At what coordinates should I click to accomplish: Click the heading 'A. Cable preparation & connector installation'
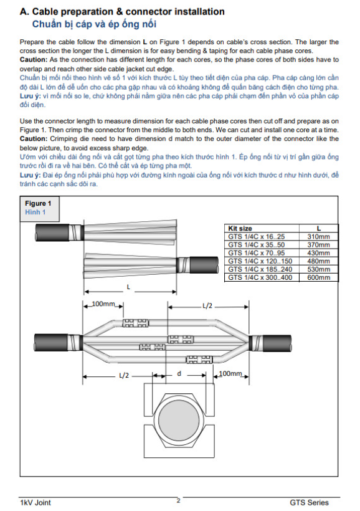(x=122, y=12)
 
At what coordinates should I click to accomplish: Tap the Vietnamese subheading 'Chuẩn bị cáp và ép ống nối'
(x=94, y=24)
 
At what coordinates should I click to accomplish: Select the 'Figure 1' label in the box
(x=38, y=203)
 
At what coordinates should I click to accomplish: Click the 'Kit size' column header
(x=240, y=229)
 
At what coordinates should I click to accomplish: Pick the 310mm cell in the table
(x=319, y=237)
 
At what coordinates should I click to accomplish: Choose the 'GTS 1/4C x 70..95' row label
(x=257, y=253)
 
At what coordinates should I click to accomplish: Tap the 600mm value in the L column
(x=319, y=277)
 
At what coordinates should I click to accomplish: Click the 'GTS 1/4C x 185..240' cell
(x=260, y=269)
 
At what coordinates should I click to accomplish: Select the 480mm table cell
(x=319, y=261)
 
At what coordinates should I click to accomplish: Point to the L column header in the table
(x=319, y=229)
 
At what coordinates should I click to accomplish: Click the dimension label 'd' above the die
(x=179, y=373)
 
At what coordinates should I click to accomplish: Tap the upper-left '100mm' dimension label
(x=103, y=303)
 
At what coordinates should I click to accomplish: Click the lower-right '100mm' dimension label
(x=230, y=373)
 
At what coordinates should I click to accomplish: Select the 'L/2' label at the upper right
(x=207, y=306)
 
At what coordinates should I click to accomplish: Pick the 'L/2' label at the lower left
(x=124, y=375)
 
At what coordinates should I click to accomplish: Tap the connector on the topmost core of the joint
(x=135, y=323)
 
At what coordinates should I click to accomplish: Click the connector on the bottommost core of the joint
(x=199, y=360)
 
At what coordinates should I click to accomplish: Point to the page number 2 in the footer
(x=178, y=500)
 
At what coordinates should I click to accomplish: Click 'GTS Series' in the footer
(x=309, y=502)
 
